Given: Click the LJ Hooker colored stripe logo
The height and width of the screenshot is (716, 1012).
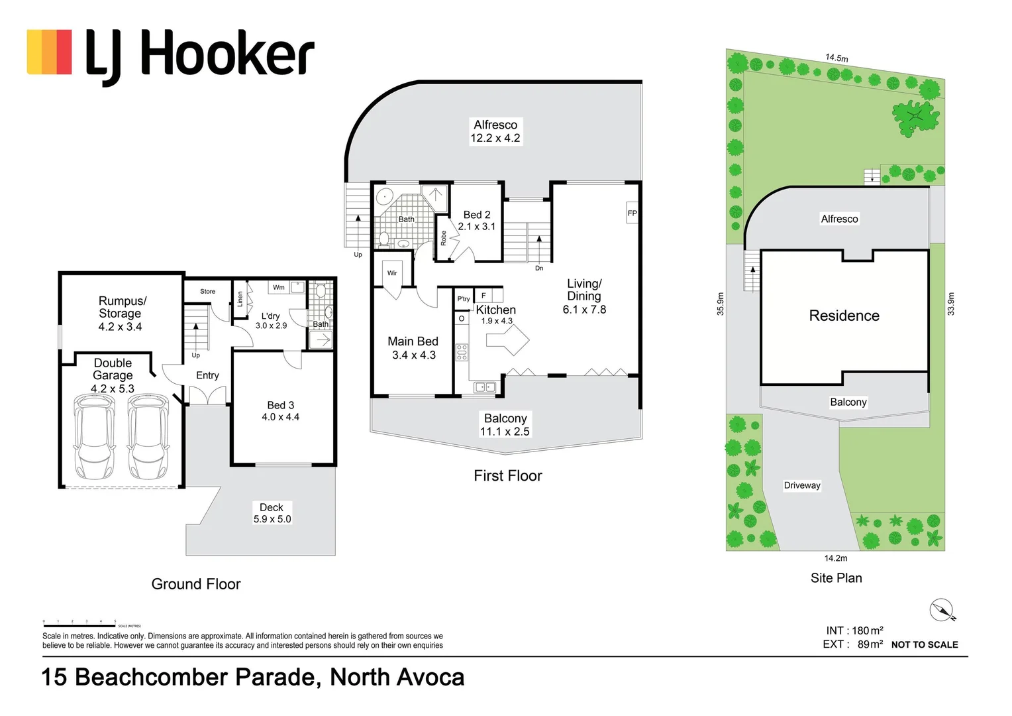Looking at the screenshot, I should coord(49,52).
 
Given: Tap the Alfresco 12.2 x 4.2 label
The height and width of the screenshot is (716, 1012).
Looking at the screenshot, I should coord(495,131).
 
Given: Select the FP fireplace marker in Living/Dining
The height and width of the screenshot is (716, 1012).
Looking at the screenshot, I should coord(632,213).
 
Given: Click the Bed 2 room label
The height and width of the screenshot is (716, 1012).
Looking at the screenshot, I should coord(476,221).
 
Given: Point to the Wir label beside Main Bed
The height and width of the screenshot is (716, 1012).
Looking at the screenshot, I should coord(392,273).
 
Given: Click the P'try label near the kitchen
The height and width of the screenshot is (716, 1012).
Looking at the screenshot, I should coord(463,299).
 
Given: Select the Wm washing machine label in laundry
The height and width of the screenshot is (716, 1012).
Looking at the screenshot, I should coord(279,287).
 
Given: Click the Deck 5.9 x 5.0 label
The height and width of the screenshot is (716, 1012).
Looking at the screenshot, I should coord(272,513).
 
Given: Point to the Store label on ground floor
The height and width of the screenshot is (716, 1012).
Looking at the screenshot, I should coord(207,292).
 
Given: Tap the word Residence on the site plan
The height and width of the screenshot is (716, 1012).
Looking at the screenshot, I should coord(844,316).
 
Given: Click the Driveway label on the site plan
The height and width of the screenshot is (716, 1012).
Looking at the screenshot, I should coord(801,485).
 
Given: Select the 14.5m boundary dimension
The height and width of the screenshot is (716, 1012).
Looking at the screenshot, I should coord(836,58).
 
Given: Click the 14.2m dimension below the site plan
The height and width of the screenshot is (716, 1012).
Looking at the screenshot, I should coord(835,558).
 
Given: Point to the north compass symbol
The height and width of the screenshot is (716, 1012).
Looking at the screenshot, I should coord(942,610).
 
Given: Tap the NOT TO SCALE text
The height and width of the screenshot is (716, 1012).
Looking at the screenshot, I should coord(924,644).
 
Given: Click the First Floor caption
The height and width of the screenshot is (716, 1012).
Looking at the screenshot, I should coord(507,476).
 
